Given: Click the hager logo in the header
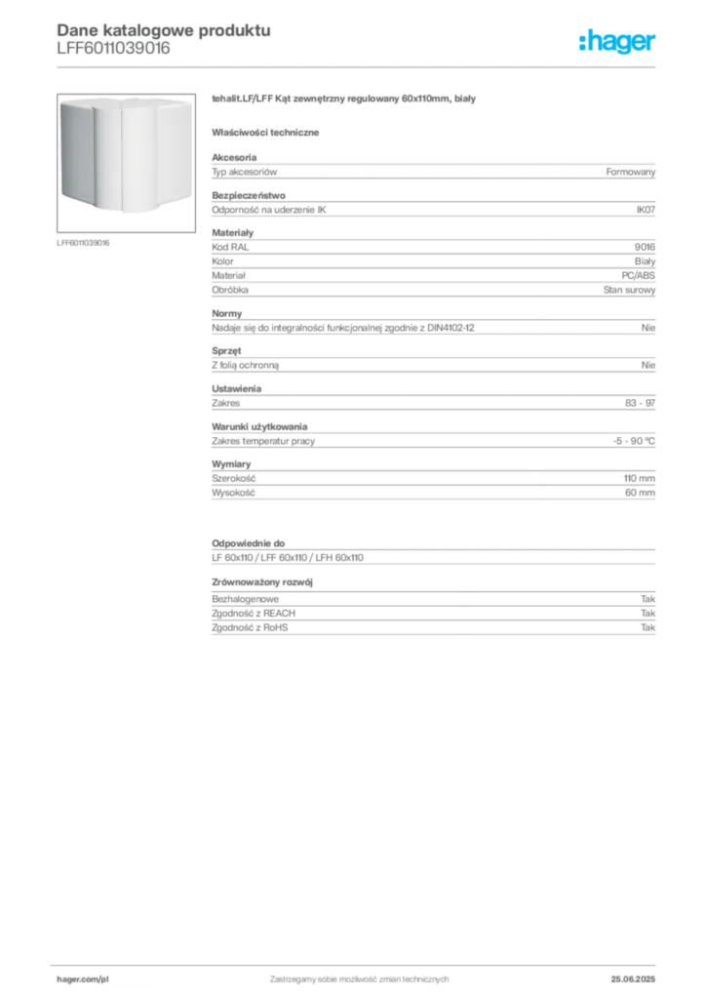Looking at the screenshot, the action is tap(616, 42).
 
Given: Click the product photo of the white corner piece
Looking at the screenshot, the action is tap(126, 163).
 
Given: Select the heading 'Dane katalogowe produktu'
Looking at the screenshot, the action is tap(164, 30).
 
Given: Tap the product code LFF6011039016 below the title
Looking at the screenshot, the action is tap(113, 49).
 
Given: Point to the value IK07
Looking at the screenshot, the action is tap(646, 210).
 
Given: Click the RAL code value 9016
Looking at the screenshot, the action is tap(645, 247).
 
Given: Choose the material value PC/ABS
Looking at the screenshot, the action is tap(638, 275).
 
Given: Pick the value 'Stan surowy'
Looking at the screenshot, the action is tap(629, 290).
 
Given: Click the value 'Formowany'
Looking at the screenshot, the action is tap(630, 172).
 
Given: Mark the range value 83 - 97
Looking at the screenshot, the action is tap(640, 403).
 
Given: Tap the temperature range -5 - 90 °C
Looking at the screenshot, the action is tap(634, 441).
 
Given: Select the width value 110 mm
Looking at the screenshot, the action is tap(639, 478).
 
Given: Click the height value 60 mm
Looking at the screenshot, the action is tap(640, 493).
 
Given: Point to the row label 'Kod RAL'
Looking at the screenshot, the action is tap(230, 247).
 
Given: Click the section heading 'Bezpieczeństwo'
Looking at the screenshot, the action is tap(249, 195).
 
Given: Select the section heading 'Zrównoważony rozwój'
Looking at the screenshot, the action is tap(262, 582).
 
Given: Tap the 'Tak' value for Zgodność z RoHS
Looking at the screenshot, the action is tap(648, 627).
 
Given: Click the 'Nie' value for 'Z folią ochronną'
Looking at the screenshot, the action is tap(648, 365).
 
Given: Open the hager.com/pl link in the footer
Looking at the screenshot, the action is tap(83, 979).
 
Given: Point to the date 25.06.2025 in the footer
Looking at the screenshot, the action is tap(633, 979).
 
